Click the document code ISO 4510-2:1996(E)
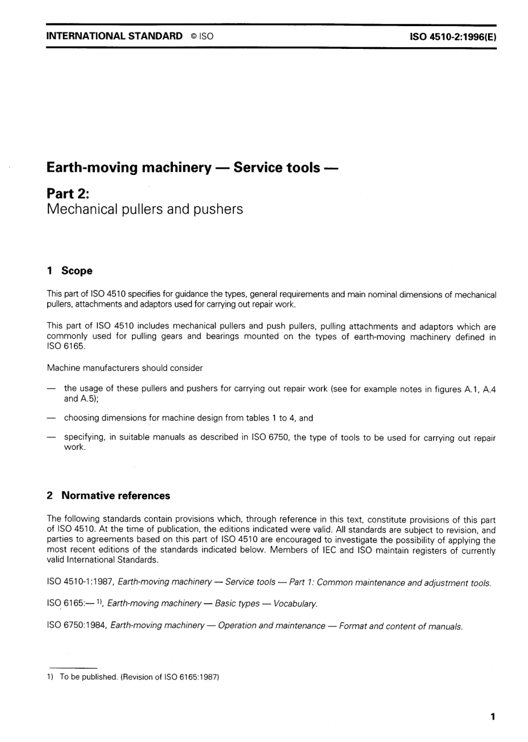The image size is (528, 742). (452, 37)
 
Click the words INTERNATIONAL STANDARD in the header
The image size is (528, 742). (114, 36)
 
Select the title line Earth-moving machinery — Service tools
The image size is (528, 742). (192, 167)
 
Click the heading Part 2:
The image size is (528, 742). (68, 193)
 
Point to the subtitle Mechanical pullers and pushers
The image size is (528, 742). (145, 209)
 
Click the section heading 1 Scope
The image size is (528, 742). (70, 271)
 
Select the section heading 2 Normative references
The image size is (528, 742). (109, 495)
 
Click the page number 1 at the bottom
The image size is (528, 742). (492, 716)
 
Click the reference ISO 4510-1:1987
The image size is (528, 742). (81, 582)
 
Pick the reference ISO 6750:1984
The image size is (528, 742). (77, 625)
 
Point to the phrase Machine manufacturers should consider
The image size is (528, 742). (124, 368)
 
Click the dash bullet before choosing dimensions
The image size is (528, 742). (51, 418)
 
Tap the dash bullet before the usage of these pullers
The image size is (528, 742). (51, 389)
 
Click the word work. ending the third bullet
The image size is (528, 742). (75, 447)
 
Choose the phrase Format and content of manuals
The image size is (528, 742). (401, 626)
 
